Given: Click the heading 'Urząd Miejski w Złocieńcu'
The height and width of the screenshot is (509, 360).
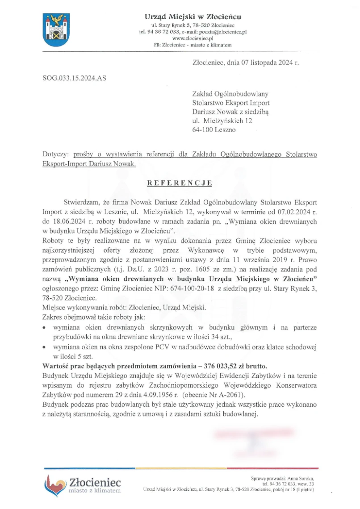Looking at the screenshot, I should pyautogui.click(x=193, y=17).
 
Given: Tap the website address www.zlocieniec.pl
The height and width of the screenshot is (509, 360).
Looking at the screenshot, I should pyautogui.click(x=193, y=38).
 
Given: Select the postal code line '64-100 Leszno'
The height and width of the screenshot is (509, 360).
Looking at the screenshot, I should pyautogui.click(x=213, y=129).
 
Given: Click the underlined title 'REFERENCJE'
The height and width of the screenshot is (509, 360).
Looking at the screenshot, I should pyautogui.click(x=180, y=183).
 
